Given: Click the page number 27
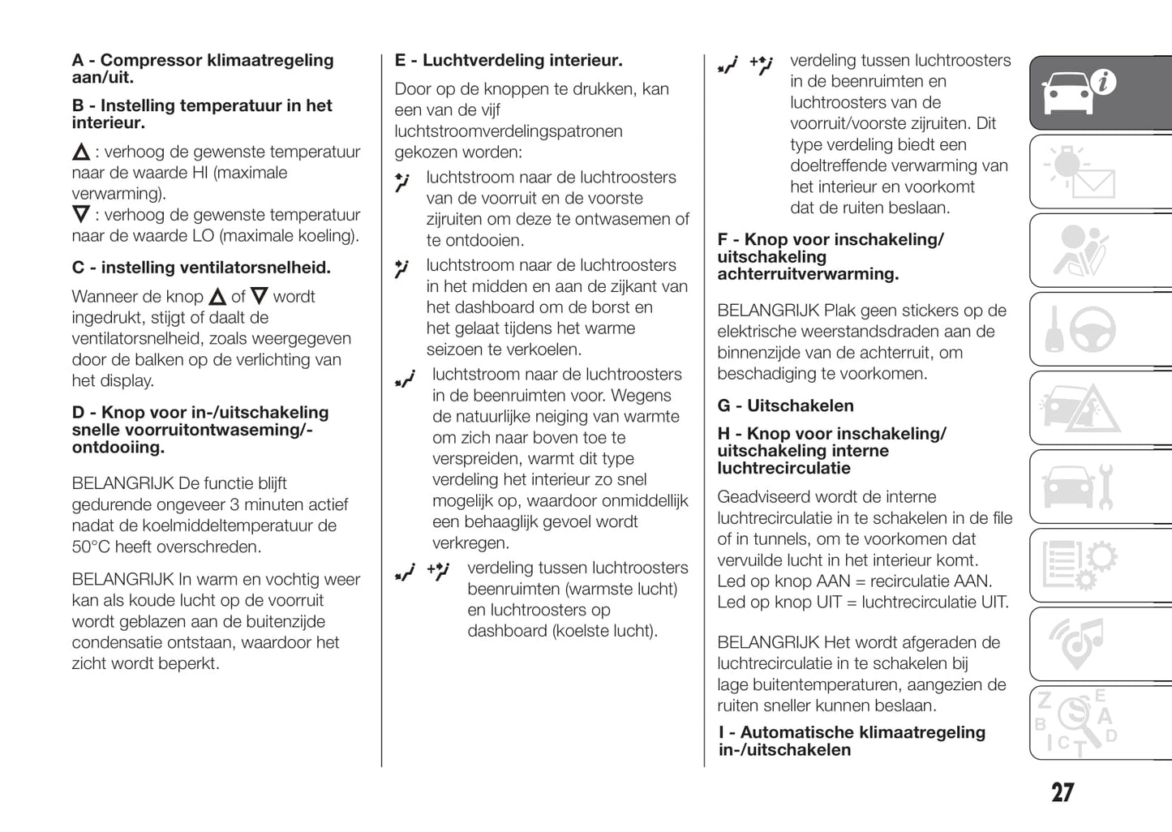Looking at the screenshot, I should [1063, 792].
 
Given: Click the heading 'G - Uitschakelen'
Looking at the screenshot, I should [785, 405].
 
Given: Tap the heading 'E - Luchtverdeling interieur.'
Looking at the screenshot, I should [509, 60].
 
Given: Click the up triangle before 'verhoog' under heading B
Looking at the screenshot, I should [81, 152].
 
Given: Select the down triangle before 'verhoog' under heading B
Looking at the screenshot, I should [81, 215].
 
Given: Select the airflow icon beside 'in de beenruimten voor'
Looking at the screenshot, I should [406, 378].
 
